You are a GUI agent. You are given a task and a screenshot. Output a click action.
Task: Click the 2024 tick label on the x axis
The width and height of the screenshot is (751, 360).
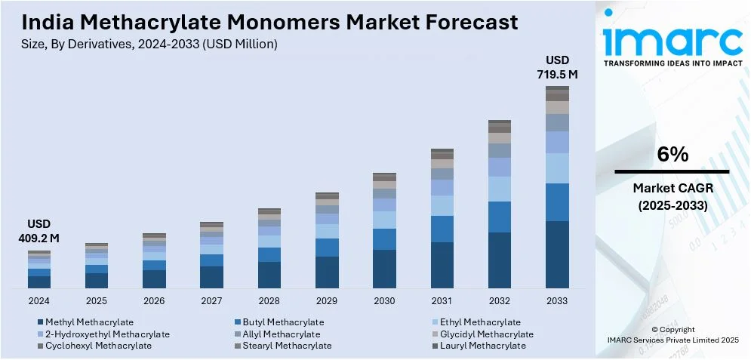pos(39,300)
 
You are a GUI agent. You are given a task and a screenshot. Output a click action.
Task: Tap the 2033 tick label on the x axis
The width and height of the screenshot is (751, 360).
pos(558,300)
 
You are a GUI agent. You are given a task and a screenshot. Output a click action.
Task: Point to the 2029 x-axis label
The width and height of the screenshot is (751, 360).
pos(327,300)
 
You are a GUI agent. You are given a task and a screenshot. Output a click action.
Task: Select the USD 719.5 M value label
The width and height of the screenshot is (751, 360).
pos(558,67)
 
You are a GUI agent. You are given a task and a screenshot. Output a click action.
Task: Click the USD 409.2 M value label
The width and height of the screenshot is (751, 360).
pos(39,232)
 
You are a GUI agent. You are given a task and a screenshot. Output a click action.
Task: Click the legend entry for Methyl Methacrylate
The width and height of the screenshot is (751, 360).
pos(89,322)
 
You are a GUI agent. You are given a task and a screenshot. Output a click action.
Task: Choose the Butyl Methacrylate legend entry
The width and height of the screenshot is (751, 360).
pos(279,322)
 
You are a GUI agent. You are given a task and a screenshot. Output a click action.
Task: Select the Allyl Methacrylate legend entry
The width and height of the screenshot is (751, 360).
pos(281,334)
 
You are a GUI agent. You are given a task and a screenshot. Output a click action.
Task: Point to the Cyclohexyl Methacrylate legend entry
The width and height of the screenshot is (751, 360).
pos(98,346)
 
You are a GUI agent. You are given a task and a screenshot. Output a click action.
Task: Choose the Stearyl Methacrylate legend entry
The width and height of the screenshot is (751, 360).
pos(287,346)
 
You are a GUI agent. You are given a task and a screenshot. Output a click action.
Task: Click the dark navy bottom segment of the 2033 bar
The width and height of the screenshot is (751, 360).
pos(558,254)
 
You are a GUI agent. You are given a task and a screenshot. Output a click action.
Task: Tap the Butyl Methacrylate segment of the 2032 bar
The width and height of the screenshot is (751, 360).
pos(500,217)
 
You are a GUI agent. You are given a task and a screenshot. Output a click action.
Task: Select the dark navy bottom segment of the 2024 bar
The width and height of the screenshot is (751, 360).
pos(39,282)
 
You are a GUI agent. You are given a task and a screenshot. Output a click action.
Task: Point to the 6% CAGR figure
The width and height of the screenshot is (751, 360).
pos(672,155)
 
